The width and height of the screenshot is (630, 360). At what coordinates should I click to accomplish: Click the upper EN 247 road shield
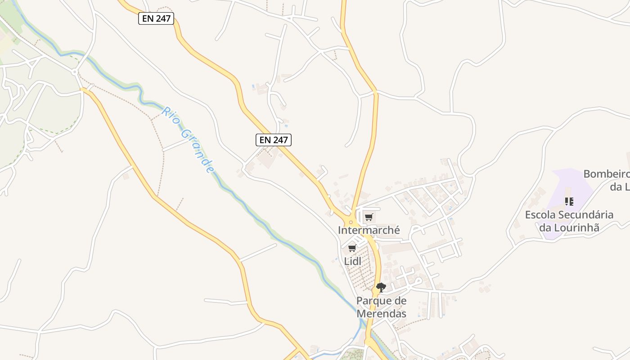(x=156, y=18)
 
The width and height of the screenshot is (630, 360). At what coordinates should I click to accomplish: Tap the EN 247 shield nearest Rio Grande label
(x=274, y=140)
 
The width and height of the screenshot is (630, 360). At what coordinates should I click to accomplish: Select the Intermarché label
(x=369, y=230)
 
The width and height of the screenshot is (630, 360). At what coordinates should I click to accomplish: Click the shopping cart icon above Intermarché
(x=369, y=217)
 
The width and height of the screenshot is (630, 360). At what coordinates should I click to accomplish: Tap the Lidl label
(x=353, y=261)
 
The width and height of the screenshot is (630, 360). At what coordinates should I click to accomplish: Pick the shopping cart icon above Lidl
(x=352, y=248)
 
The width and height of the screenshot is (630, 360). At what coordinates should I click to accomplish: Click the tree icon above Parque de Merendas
(x=381, y=287)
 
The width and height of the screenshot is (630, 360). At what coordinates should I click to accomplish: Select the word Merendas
(x=381, y=314)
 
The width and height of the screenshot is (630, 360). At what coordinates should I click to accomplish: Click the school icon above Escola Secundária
(x=569, y=201)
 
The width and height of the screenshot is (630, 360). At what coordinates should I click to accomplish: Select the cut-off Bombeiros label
(x=606, y=174)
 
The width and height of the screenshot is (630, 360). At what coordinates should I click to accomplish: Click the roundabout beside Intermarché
(x=351, y=221)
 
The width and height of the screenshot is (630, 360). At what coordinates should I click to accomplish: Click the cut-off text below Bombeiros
(x=620, y=187)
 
